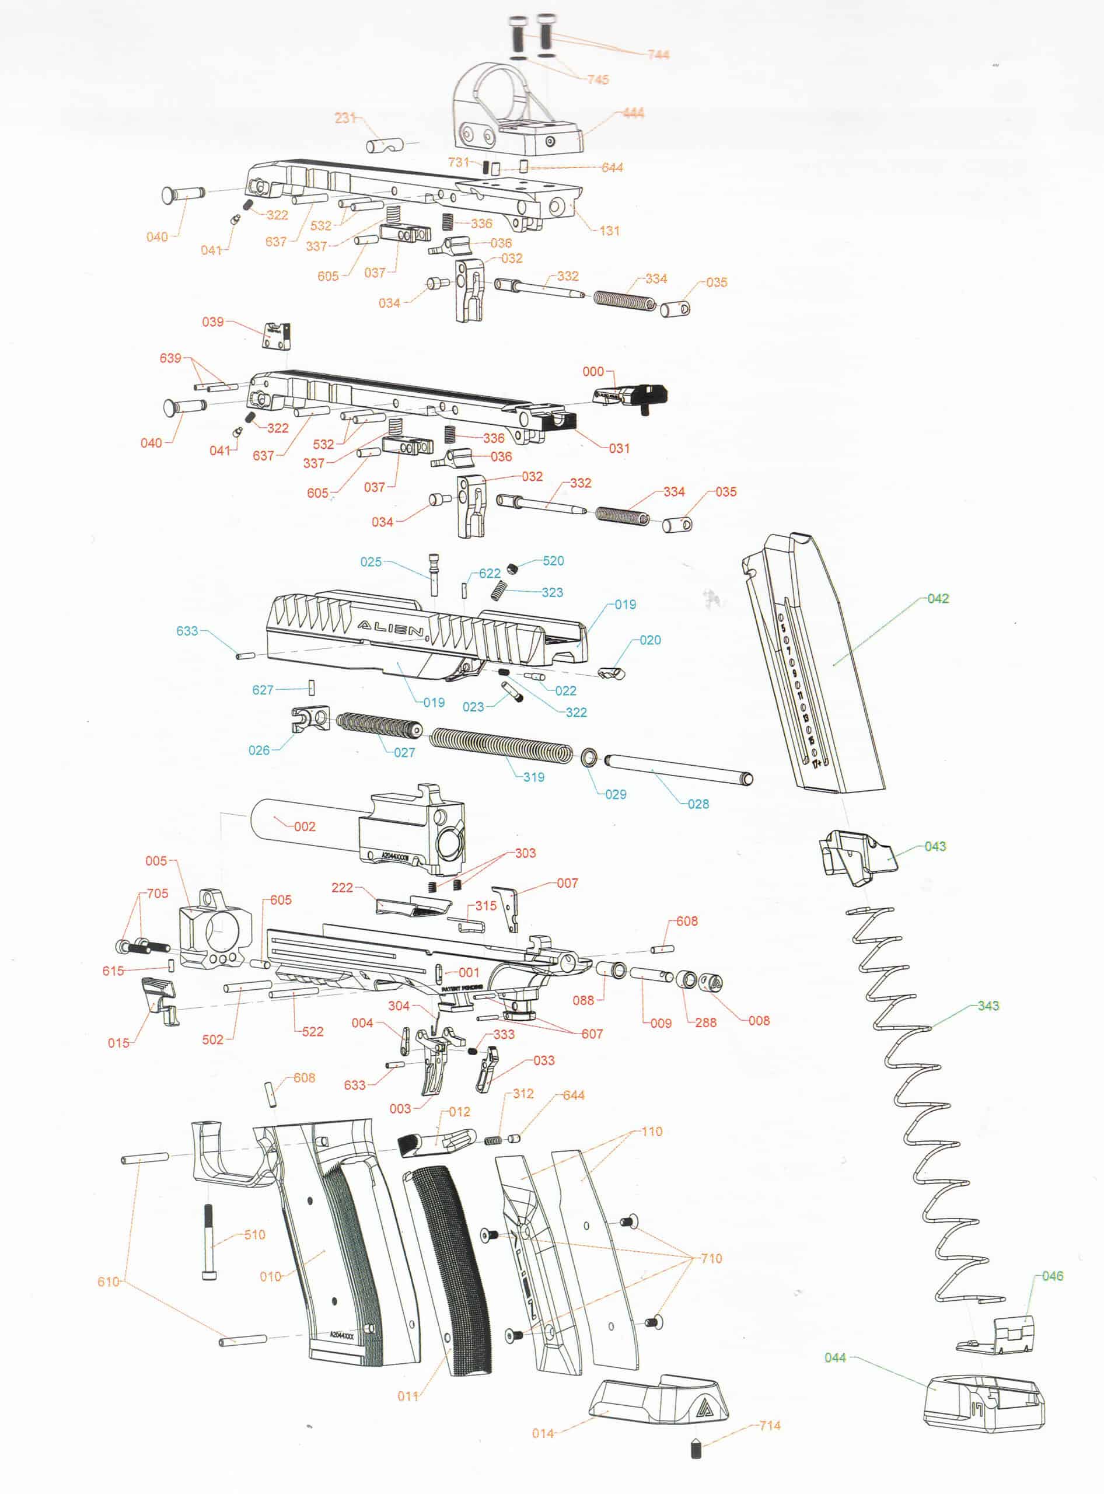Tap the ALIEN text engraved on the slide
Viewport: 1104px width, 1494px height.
coord(391,629)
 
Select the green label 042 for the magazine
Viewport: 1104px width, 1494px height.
coord(938,598)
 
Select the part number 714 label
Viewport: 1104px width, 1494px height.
coord(769,1425)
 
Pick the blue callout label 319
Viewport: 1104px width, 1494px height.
coord(533,777)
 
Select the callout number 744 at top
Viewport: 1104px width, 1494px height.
coord(658,54)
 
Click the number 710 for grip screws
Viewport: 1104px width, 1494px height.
coord(711,1258)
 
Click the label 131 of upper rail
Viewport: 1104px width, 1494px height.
coord(609,231)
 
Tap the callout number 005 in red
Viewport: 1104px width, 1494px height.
coord(156,861)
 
